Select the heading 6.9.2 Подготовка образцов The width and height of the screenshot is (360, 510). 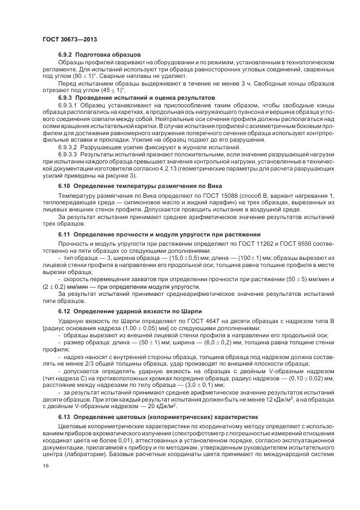[x=100, y=55]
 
